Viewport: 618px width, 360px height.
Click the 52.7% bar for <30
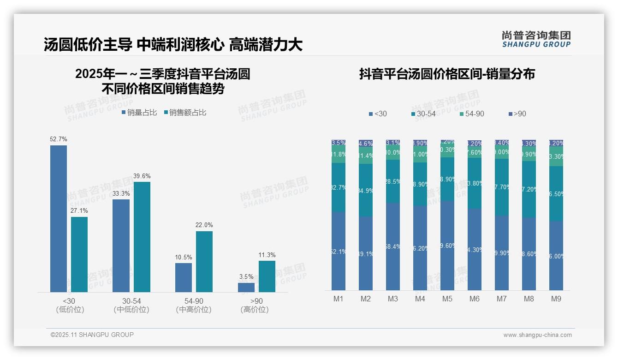tap(59, 218)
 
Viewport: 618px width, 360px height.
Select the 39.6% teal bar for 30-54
tap(142, 237)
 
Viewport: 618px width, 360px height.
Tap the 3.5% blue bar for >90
tap(246, 287)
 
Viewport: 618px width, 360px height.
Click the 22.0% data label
tap(204, 225)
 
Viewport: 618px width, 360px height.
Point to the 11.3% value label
tap(267, 255)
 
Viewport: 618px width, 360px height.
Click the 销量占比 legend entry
tap(139, 113)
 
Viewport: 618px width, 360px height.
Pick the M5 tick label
tap(447, 299)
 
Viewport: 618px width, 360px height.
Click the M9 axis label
tap(556, 299)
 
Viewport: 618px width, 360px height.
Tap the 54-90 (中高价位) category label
tap(194, 306)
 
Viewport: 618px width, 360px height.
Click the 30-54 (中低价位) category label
tap(131, 306)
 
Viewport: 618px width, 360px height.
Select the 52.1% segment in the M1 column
tap(339, 251)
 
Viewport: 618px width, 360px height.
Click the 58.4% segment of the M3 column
tap(393, 246)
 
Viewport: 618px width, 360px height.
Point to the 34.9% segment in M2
tap(366, 190)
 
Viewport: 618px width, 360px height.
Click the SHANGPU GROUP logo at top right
tap(536, 39)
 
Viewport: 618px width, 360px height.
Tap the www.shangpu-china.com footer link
tap(537, 335)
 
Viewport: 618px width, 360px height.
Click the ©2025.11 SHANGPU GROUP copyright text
tap(92, 335)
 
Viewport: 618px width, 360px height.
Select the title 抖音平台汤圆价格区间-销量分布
tap(447, 74)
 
